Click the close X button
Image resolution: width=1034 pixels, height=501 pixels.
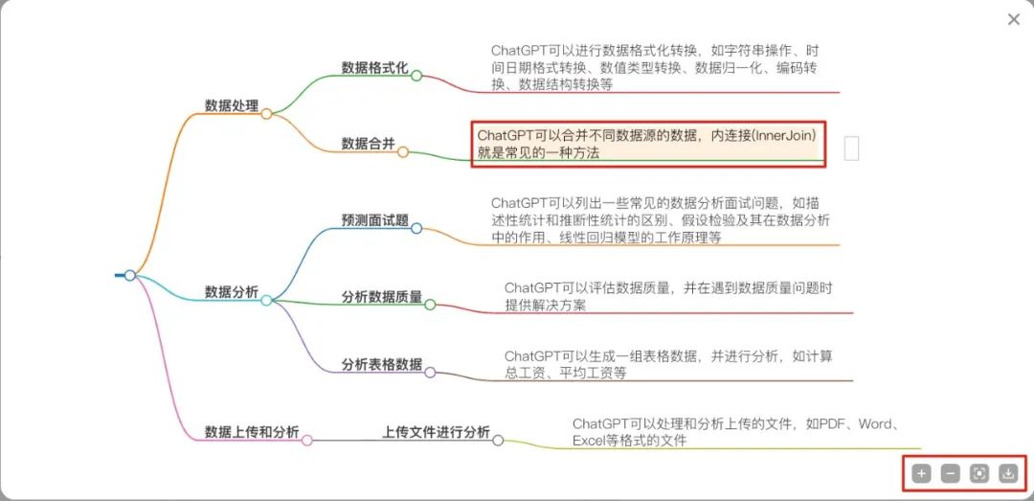[x=1014, y=19]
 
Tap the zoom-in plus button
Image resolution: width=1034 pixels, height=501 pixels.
[x=921, y=473]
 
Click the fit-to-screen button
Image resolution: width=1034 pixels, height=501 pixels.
[x=978, y=473]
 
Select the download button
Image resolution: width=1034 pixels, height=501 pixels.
[x=1007, y=473]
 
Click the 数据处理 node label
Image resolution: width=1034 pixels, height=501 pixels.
[x=232, y=105]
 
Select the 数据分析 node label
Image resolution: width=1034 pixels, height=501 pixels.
[x=232, y=292]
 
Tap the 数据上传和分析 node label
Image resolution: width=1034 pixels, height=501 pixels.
[x=252, y=432]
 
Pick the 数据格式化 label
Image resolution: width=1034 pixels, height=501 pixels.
[x=374, y=68]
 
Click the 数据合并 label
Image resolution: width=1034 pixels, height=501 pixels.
[x=368, y=144]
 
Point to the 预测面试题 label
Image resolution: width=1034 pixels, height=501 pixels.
[x=374, y=220]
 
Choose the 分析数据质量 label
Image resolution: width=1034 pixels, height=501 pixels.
[x=381, y=297]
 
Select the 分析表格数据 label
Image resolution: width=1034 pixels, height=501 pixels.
[x=381, y=364]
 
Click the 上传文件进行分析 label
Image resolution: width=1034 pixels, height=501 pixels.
[x=436, y=432]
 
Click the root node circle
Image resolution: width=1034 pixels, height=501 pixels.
[x=130, y=276]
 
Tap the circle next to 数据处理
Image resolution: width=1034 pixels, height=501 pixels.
[x=266, y=113]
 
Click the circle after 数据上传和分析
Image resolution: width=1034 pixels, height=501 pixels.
[x=307, y=440]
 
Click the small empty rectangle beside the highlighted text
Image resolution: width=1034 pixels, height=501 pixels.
[x=851, y=148]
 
